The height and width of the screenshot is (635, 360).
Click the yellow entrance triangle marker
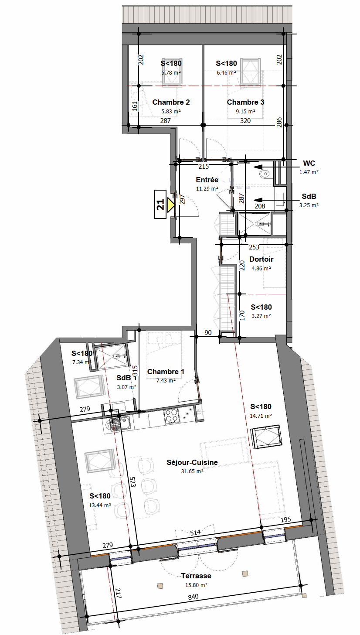coord(170,205)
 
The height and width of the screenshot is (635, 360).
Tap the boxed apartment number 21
coord(160,204)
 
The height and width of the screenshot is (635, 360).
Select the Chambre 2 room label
coord(171,102)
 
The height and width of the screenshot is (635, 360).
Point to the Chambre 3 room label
coord(245,102)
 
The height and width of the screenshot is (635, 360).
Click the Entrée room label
coord(207,180)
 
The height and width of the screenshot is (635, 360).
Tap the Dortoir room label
coord(262,259)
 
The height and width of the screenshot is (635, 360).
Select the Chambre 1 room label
coord(166,372)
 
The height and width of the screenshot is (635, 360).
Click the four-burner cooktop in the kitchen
coord(172,417)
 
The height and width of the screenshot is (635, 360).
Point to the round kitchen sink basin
coord(112,424)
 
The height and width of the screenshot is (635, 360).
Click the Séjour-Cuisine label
coord(192,462)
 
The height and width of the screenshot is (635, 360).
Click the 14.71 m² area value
coord(261,416)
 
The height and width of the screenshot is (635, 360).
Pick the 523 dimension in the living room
coord(132,481)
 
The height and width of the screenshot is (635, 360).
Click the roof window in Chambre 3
coord(250,72)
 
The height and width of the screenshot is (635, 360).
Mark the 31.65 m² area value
coord(192,471)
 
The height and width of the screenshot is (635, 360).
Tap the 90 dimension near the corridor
coord(208,332)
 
